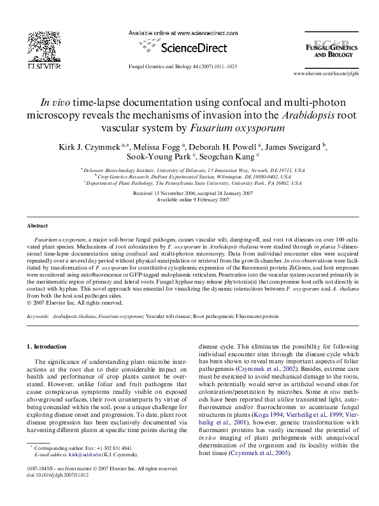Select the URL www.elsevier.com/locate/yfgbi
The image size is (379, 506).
(326, 75)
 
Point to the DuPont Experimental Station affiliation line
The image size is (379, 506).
(192, 176)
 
